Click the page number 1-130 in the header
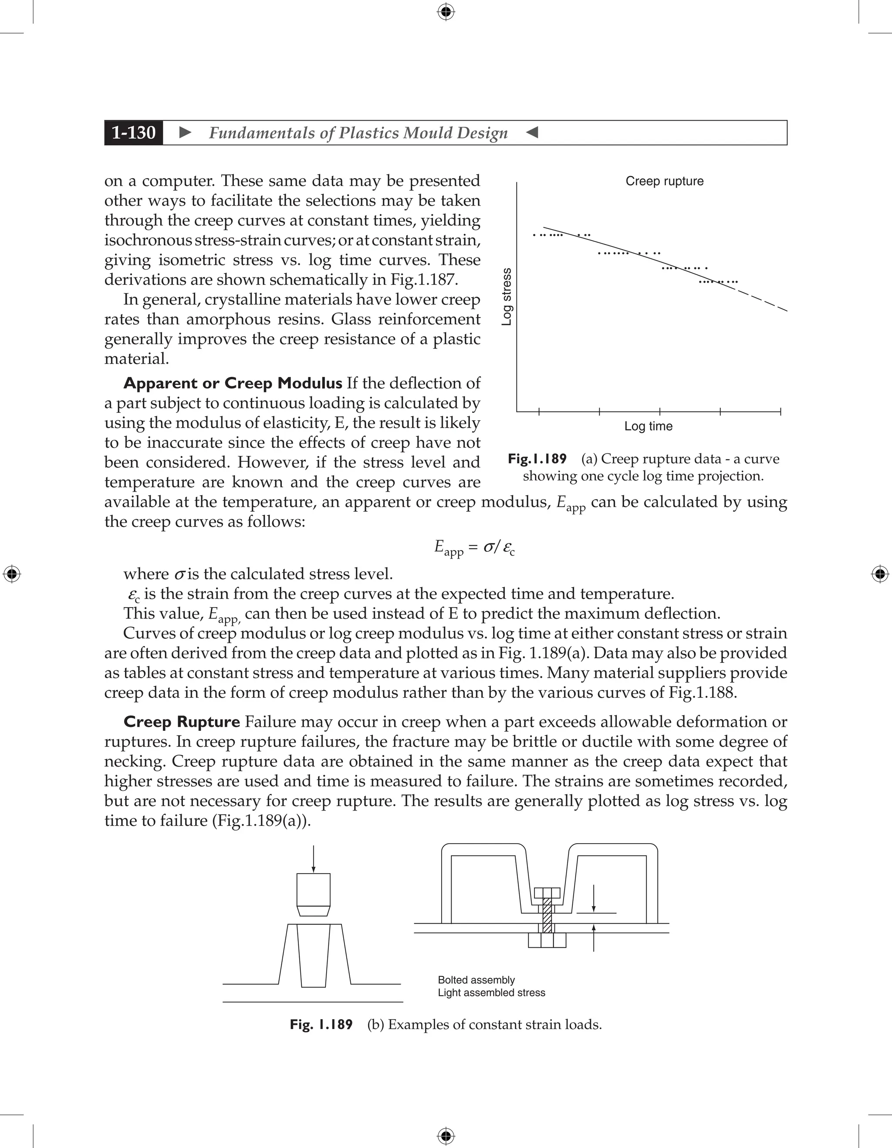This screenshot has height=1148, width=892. [134, 132]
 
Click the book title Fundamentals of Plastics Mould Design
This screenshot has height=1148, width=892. [358, 133]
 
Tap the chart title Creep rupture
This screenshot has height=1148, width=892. [664, 181]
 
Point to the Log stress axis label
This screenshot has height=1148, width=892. [507, 297]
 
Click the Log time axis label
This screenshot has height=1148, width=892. [648, 426]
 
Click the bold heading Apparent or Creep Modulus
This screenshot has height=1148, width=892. [232, 383]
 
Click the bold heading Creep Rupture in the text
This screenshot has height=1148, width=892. [181, 722]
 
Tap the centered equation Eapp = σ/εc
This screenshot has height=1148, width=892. [474, 548]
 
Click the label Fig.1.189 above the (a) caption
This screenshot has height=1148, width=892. [537, 459]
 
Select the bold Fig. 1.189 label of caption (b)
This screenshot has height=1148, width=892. [321, 1024]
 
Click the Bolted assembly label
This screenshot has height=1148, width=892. [476, 980]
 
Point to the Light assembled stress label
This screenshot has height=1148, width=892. [491, 993]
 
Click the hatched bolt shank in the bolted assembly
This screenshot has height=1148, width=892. [547, 915]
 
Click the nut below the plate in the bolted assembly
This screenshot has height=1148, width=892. [547, 940]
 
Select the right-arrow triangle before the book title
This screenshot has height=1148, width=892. [185, 132]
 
